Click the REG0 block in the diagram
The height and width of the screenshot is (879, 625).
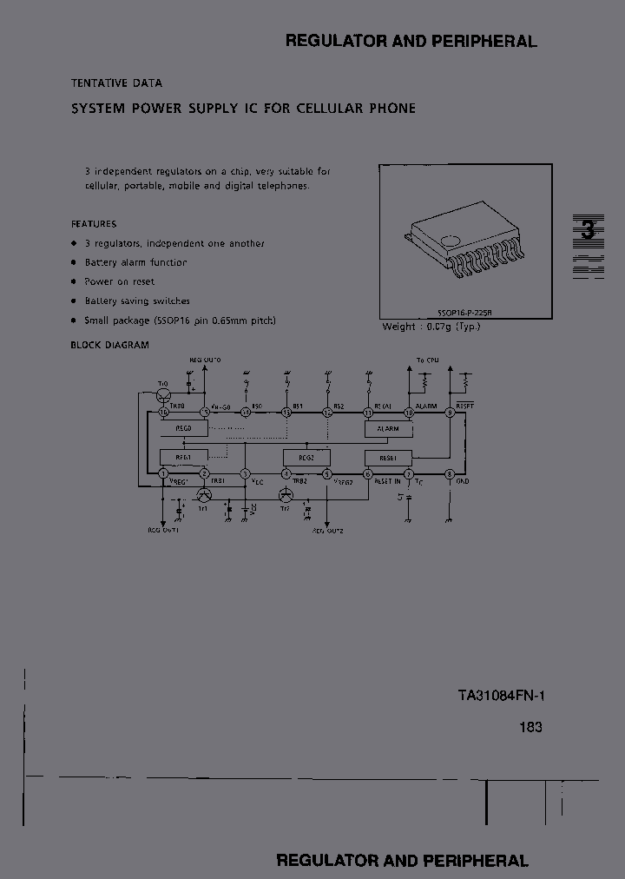pyautogui.click(x=182, y=429)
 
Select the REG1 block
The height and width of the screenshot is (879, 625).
pyautogui.click(x=182, y=457)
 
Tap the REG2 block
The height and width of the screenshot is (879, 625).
pyautogui.click(x=306, y=457)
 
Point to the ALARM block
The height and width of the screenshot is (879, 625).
pyautogui.click(x=388, y=429)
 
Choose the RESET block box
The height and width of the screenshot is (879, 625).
pyautogui.click(x=388, y=457)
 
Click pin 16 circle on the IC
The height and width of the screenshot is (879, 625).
pyautogui.click(x=162, y=413)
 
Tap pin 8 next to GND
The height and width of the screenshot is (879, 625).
pyautogui.click(x=450, y=474)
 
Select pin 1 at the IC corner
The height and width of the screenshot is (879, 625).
pyautogui.click(x=162, y=474)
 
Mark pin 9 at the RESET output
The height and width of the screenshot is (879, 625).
pyautogui.click(x=450, y=413)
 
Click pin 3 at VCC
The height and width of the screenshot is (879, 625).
pyautogui.click(x=246, y=474)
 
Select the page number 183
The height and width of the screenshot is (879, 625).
pyautogui.click(x=531, y=727)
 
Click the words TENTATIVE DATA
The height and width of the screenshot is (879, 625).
pyautogui.click(x=116, y=83)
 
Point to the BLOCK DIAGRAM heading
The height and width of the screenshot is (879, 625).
pyautogui.click(x=109, y=345)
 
